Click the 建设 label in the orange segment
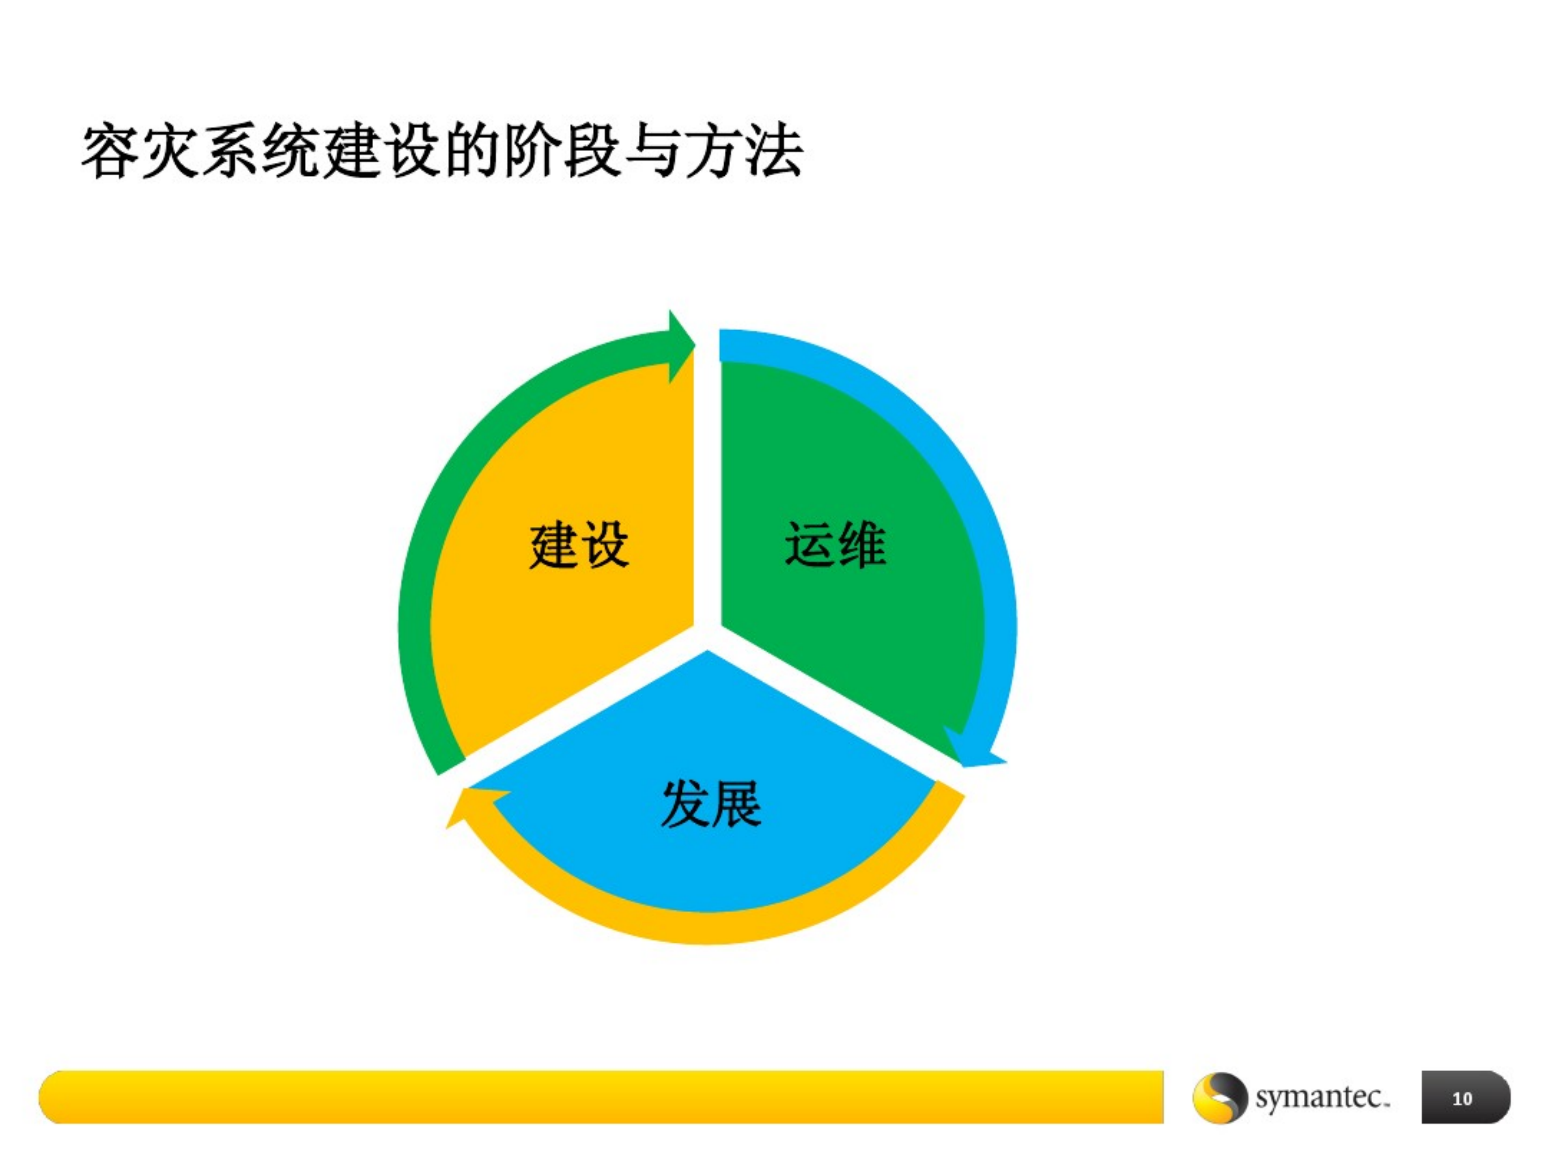579,545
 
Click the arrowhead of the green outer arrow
680,346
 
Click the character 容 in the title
111,152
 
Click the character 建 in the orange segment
553,545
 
